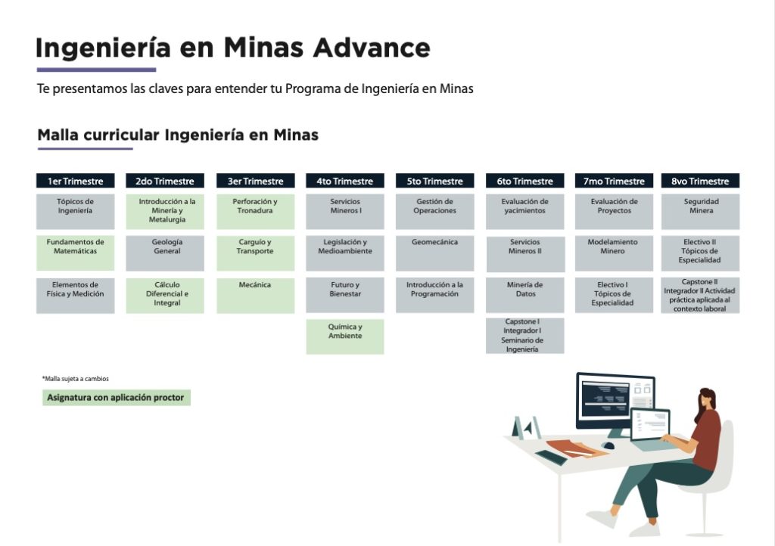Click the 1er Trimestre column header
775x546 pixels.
tap(75, 181)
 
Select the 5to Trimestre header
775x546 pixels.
tap(434, 181)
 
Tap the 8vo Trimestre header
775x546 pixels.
tap(700, 181)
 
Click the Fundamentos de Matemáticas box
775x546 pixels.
tap(75, 253)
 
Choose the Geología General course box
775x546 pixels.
tap(165, 253)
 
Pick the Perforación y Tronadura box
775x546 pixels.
tap(255, 211)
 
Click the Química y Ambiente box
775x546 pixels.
tap(345, 337)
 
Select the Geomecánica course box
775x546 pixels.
tap(434, 253)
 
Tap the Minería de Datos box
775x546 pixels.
tap(525, 295)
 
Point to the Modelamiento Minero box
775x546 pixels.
tap(614, 253)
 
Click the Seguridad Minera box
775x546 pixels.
tap(700, 211)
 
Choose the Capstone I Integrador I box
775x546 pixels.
tap(525, 336)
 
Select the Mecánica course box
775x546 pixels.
tap(255, 295)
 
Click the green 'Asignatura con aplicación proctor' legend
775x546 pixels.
tap(116, 398)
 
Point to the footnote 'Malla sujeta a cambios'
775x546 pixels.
tap(76, 379)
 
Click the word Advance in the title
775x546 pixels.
tap(371, 48)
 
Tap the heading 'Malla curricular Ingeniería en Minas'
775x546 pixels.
tap(178, 135)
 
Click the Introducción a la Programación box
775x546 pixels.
tap(434, 295)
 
